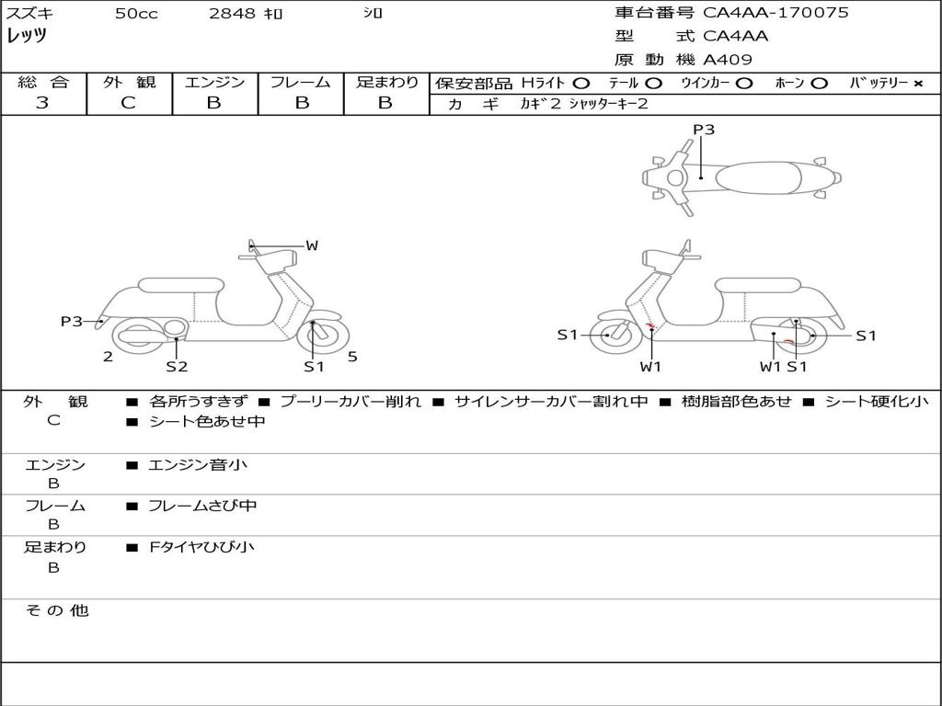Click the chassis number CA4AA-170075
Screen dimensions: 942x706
coord(775,13)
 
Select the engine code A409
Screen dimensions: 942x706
coord(727,60)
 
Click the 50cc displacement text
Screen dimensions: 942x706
coord(136,14)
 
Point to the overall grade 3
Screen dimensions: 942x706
coord(42,103)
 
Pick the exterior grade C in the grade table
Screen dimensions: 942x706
coord(129,103)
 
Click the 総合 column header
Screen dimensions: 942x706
coord(43,83)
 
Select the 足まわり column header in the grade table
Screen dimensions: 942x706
coord(386,83)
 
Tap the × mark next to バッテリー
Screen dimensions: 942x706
coord(917,84)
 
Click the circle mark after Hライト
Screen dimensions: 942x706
coord(581,84)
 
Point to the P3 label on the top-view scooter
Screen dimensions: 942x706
coord(704,130)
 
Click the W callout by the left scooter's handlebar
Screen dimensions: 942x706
coord(312,245)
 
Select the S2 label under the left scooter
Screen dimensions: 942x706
coord(177,367)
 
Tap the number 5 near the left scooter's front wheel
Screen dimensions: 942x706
coord(352,357)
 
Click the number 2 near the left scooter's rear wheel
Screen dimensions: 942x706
coord(108,357)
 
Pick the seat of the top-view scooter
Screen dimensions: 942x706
coord(759,176)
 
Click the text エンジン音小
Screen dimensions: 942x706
coord(198,465)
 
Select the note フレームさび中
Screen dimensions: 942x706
coord(202,506)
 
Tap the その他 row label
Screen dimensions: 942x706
coord(56,610)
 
